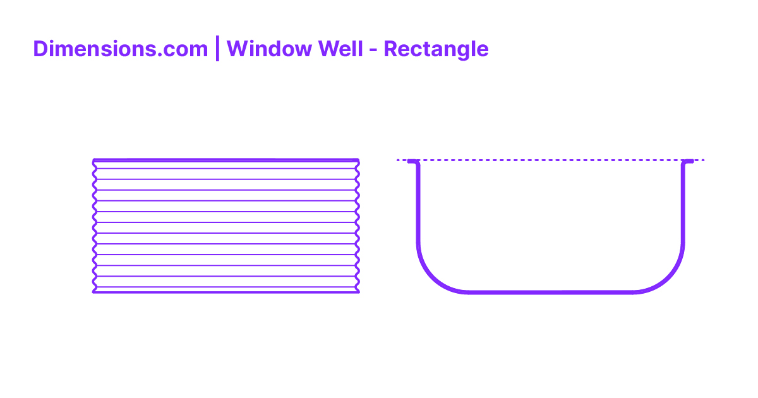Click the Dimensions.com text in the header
[120, 49]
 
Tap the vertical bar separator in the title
[217, 49]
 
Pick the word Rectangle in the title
[436, 49]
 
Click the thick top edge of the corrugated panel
[226, 160]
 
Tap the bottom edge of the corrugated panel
[226, 292]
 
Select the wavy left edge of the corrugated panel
[94, 227]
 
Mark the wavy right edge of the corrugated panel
[358, 227]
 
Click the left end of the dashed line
[399, 160]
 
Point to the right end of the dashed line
[702, 160]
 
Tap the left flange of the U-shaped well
[412, 162]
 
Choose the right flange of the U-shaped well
[689, 162]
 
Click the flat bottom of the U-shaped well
[550, 292]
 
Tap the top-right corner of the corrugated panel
[358, 161]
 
